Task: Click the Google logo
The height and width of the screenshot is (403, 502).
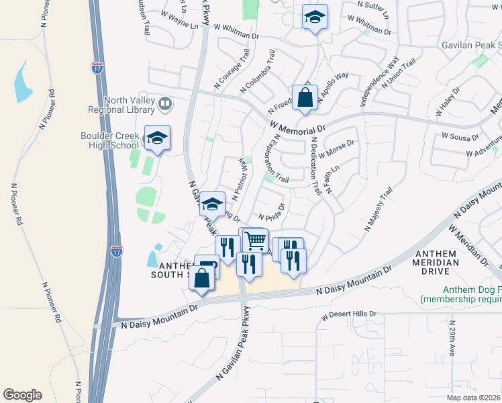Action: coord(22,395)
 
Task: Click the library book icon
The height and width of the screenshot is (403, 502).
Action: coord(165,104)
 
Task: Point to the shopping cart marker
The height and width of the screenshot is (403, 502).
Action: coord(256,240)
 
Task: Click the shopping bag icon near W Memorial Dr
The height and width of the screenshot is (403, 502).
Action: coord(305,97)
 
